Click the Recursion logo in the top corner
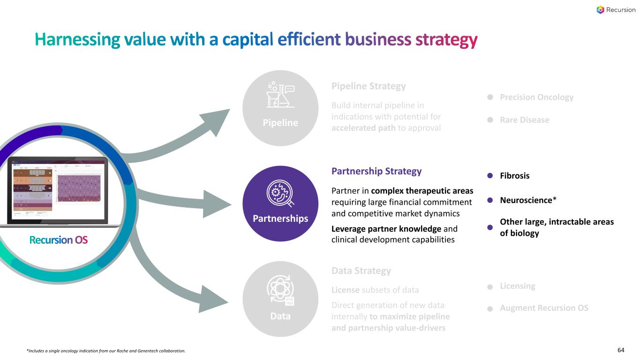coord(616,10)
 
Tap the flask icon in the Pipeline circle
coord(280,95)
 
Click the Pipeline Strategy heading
coord(368,86)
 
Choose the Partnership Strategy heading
coord(376,171)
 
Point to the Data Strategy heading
coord(361,271)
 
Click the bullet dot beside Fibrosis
coord(490,176)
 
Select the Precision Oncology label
coord(536,97)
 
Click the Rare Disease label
coord(524,120)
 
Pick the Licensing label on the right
coord(517,286)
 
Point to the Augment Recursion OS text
coord(544,308)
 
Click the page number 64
coord(621,350)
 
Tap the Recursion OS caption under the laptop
coord(59,240)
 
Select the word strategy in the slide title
coord(446,40)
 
